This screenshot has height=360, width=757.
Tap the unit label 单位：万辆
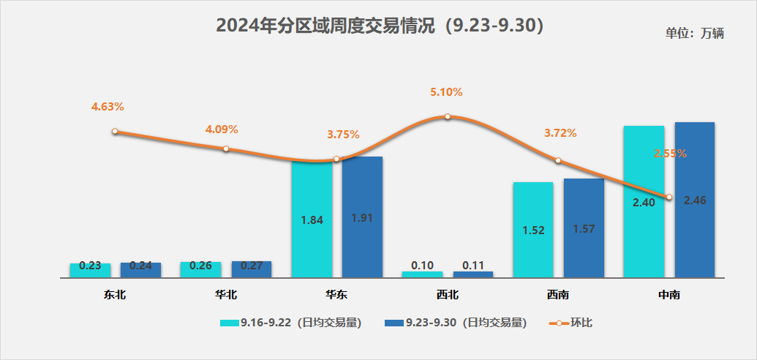[694, 34]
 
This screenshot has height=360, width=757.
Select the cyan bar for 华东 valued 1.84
[312, 220]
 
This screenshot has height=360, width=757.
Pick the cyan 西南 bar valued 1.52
[533, 230]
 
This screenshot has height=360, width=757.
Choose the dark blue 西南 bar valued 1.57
[584, 228]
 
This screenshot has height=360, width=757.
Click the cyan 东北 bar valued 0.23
[90, 270]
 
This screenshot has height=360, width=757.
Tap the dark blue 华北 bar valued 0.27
[252, 269]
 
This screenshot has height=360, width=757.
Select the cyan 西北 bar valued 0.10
[422, 274]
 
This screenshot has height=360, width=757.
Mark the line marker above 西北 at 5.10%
[448, 116]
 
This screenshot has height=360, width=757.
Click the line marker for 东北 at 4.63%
[115, 132]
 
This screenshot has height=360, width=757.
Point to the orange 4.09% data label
[222, 130]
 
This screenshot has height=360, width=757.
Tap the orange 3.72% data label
[560, 133]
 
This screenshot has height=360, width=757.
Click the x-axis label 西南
[558, 296]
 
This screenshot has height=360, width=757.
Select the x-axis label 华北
[226, 296]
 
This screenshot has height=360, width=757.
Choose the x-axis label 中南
[669, 296]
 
